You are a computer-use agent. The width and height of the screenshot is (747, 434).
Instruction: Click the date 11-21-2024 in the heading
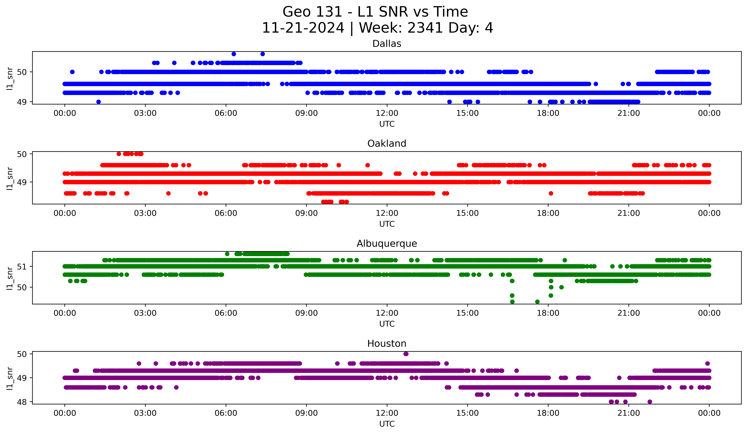point(303,28)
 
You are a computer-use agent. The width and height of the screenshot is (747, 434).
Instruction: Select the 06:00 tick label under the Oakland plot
point(226,213)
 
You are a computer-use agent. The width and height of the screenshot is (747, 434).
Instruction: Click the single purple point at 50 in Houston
point(406,354)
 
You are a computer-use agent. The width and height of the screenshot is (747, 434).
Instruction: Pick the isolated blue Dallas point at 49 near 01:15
point(98,102)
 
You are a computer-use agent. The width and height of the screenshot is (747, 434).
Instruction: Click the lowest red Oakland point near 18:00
point(551,193)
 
